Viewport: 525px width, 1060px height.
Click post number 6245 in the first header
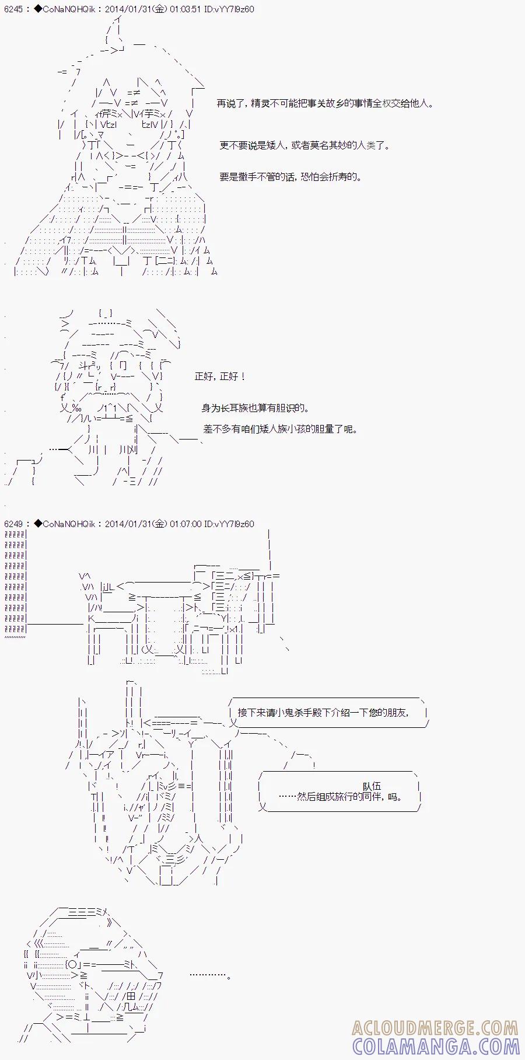click(x=13, y=10)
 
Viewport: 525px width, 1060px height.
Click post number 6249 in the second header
click(x=13, y=524)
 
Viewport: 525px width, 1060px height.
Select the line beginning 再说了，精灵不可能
click(x=325, y=103)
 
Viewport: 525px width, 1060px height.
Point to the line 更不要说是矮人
click(x=304, y=145)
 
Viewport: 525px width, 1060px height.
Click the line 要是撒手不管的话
click(x=290, y=177)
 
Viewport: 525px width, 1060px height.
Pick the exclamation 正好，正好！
click(x=220, y=376)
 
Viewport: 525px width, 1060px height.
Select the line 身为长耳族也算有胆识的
click(x=256, y=408)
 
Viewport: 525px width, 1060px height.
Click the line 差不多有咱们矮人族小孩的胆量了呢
click(x=280, y=429)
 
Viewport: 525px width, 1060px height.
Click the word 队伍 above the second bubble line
click(x=372, y=786)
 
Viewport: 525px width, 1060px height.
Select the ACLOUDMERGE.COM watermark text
click(x=435, y=1028)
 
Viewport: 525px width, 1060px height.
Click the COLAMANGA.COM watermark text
click(x=435, y=1046)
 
